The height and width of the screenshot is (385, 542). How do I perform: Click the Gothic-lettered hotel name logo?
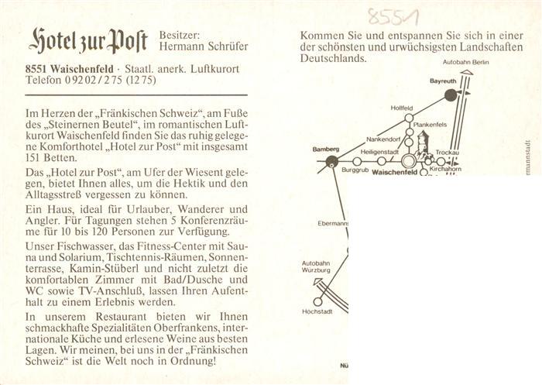[88, 41]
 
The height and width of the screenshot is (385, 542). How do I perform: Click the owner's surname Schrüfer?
[226, 46]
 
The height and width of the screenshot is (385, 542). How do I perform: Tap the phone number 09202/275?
[94, 80]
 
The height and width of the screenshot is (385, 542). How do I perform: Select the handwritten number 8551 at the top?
[393, 16]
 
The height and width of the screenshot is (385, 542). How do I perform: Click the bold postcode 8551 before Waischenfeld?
[36, 68]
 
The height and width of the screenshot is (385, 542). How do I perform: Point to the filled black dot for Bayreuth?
[451, 95]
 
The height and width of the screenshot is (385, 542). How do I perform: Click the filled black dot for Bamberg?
[331, 161]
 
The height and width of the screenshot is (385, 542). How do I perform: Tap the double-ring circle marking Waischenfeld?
[409, 161]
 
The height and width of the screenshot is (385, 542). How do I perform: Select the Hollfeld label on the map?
[402, 108]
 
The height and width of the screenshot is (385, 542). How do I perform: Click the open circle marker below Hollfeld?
[409, 118]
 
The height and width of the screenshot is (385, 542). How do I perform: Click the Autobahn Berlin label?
[466, 62]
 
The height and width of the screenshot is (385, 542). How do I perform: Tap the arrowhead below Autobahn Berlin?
[467, 72]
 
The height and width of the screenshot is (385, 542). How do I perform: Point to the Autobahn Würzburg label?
[316, 266]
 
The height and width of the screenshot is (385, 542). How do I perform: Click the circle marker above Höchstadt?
[317, 301]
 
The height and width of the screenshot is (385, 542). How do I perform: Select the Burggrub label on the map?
[355, 170]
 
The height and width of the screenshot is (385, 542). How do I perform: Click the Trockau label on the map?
[448, 153]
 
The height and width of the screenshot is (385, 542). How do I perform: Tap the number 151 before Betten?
[33, 158]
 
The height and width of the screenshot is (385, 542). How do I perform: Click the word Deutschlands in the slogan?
[333, 58]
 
